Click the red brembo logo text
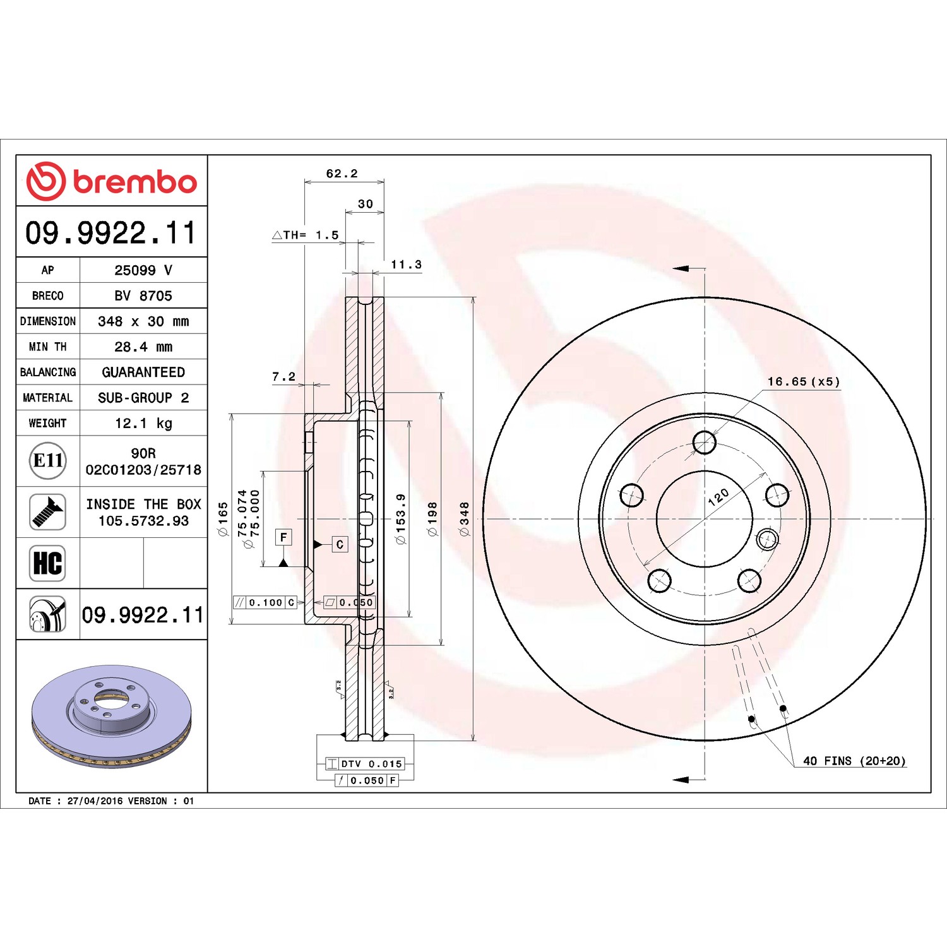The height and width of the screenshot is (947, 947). coord(135,182)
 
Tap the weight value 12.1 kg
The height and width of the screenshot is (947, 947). coord(143,423)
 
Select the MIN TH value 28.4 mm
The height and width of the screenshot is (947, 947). coord(143,347)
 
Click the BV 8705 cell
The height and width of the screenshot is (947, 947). coord(143,295)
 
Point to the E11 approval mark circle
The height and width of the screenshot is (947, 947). coord(48,461)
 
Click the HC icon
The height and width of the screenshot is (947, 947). coord(48,563)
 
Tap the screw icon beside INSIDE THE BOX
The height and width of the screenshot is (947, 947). coord(48,512)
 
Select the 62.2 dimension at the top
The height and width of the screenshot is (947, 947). coord(342,174)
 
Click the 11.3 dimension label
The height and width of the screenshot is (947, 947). coord(406,265)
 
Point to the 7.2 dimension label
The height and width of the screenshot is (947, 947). coord(283,377)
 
